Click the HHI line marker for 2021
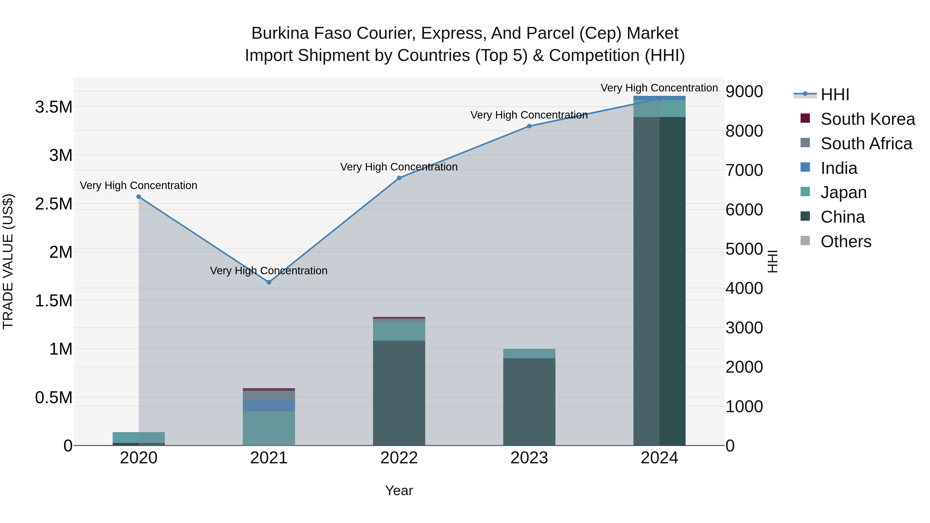pyautogui.click(x=269, y=282)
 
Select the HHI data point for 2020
pyautogui.click(x=139, y=197)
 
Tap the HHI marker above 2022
pyautogui.click(x=399, y=178)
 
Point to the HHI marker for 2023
pyautogui.click(x=529, y=126)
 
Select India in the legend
pyautogui.click(x=838, y=168)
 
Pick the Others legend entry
pyautogui.click(x=846, y=241)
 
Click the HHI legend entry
pyautogui.click(x=835, y=95)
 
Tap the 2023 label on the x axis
pyautogui.click(x=529, y=458)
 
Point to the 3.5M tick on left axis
pyautogui.click(x=53, y=107)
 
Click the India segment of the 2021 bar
pyautogui.click(x=269, y=406)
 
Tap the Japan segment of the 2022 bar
pyautogui.click(x=399, y=331)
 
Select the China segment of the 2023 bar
pyautogui.click(x=529, y=401)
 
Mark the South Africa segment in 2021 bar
pyautogui.click(x=269, y=396)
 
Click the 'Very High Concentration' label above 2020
pyautogui.click(x=139, y=185)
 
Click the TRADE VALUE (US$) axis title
pyautogui.click(x=8, y=261)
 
